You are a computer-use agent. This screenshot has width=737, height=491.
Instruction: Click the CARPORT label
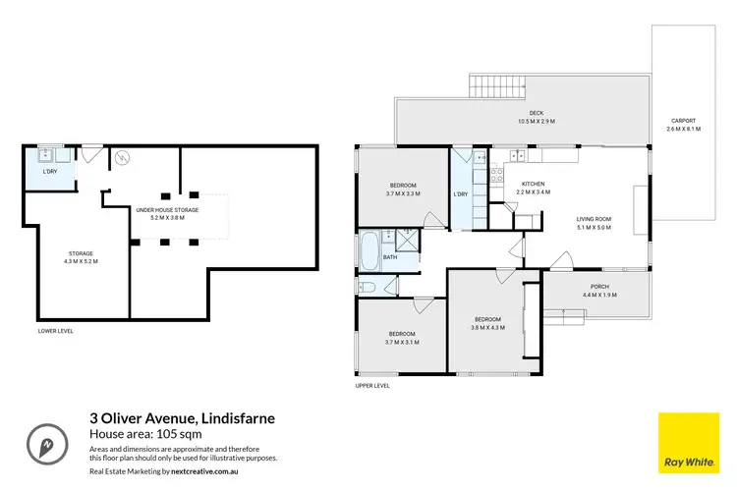click(683, 125)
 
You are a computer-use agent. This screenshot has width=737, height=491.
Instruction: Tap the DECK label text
click(537, 117)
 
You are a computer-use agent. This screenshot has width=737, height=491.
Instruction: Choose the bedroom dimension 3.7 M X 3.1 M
click(403, 343)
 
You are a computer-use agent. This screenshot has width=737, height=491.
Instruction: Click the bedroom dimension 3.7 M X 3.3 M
click(403, 194)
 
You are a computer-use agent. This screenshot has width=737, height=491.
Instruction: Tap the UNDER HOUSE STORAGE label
click(167, 213)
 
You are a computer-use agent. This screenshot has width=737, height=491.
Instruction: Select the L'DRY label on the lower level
click(49, 172)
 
